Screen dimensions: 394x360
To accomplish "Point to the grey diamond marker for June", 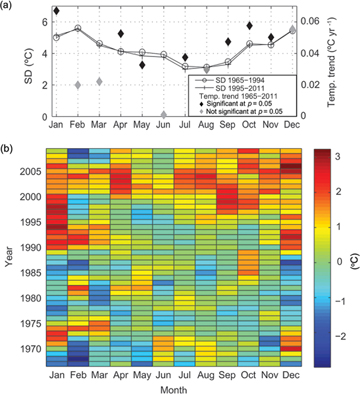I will (164, 116).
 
